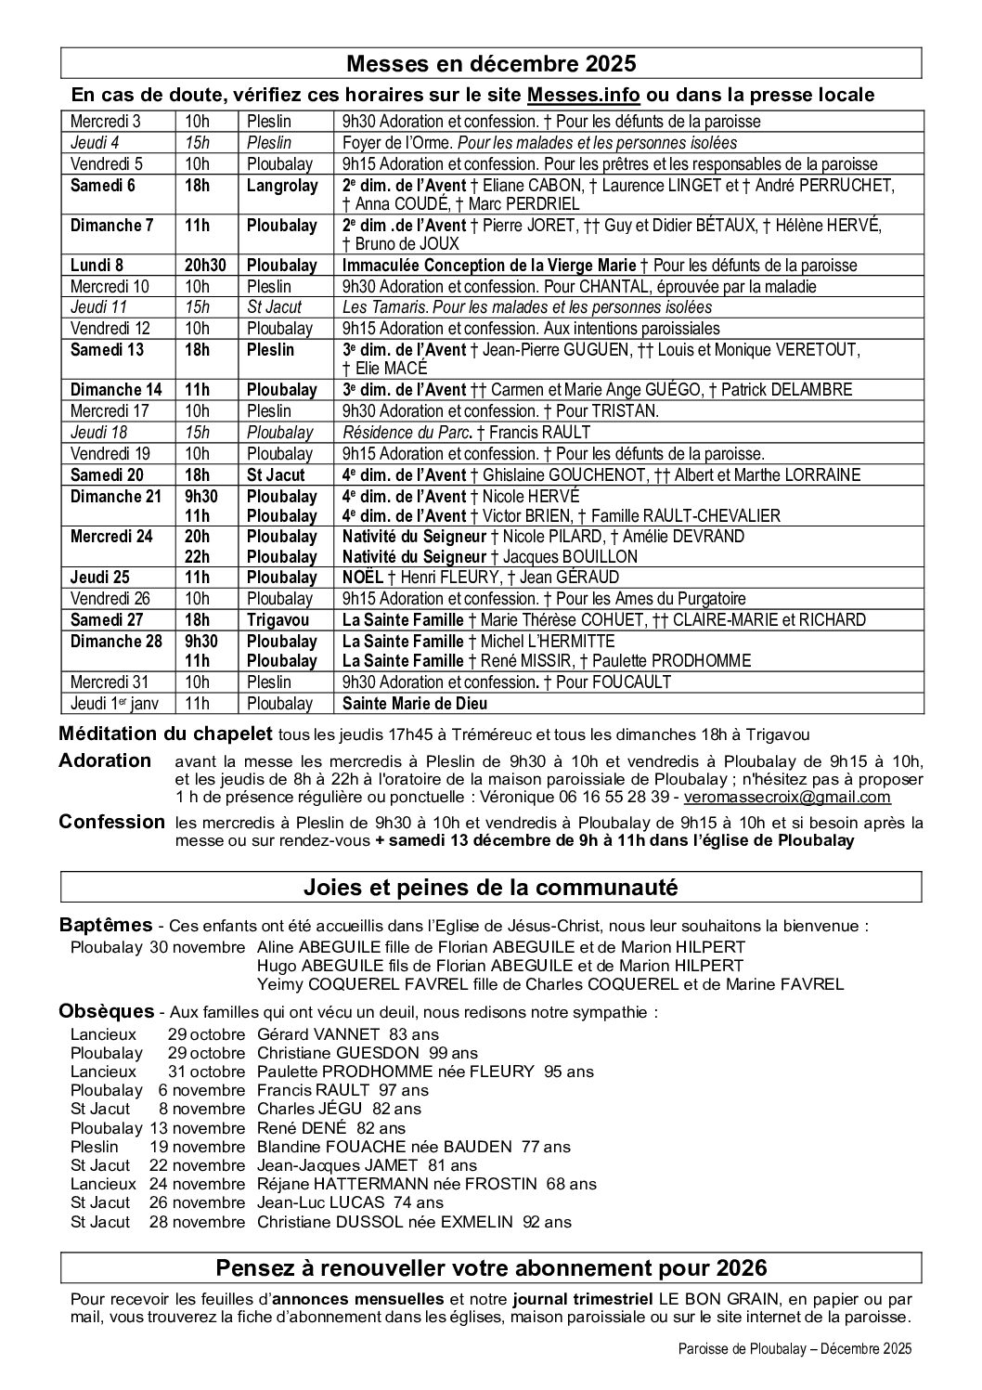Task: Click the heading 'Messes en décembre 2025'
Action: [x=491, y=63]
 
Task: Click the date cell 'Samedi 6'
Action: [x=103, y=185]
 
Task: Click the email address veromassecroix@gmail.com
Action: [x=787, y=797]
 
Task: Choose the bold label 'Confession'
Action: [x=111, y=822]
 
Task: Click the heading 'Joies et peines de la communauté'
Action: [x=491, y=888]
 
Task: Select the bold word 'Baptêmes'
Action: [x=106, y=925]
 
